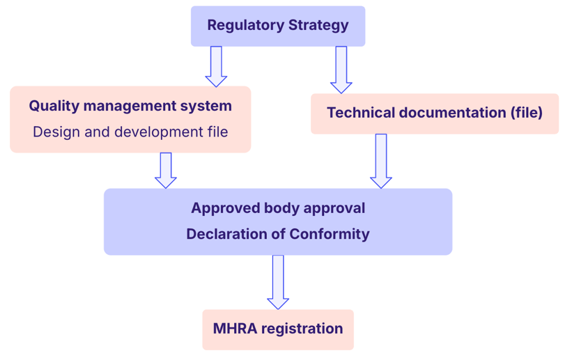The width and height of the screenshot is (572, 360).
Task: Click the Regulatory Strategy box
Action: coord(278,26)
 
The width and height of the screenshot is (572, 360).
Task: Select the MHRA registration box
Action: coord(278,329)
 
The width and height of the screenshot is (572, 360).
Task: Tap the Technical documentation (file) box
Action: coord(434,113)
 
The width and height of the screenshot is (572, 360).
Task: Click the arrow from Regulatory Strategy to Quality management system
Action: coord(216,66)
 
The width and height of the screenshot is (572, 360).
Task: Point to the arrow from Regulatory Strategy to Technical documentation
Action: coord(341,70)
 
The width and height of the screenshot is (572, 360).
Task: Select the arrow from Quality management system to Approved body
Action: coord(166,170)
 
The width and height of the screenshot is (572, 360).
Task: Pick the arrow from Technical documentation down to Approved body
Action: coord(381,161)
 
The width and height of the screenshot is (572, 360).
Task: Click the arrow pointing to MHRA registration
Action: coord(278,281)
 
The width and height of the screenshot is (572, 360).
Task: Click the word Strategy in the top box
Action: coord(318,26)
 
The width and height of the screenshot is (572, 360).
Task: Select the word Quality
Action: coord(53,107)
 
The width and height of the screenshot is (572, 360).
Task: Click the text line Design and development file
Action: coord(130,132)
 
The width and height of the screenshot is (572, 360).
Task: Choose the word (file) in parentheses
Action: coord(525,113)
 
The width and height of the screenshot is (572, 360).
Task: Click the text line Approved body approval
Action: coord(278,208)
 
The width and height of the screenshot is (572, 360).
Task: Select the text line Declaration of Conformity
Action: coord(278,234)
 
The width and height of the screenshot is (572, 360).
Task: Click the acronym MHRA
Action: coord(234,329)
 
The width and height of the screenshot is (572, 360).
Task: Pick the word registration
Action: coord(302,329)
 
